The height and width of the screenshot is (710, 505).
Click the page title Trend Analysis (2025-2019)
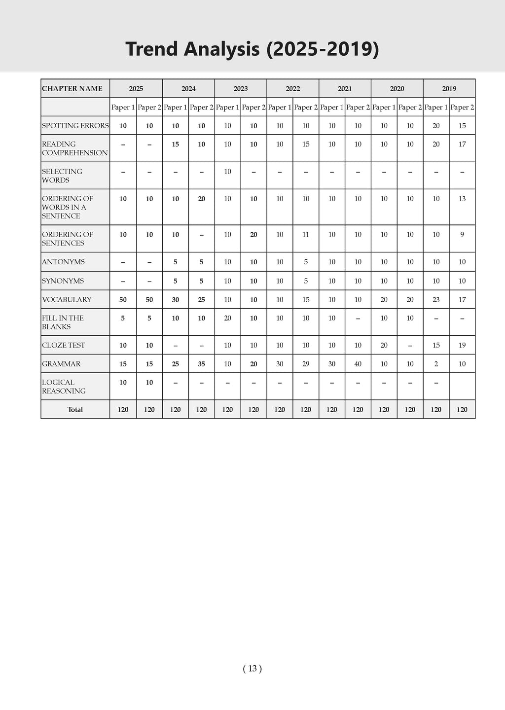coord(252,49)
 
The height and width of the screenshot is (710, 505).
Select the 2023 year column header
coord(241,89)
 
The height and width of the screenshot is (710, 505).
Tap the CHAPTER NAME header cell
coord(72,89)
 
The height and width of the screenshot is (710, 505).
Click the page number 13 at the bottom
coord(252,669)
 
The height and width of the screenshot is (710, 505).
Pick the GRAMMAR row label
coord(61,364)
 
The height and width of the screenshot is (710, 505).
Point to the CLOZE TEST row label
coord(63,345)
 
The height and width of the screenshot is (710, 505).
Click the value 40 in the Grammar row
coord(358,364)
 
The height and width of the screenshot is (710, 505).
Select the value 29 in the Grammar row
coord(306,364)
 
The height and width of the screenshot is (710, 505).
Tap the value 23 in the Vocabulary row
coord(436,300)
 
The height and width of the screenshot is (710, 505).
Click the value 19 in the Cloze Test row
coord(462,345)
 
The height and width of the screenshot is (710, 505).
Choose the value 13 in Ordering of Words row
coord(462,199)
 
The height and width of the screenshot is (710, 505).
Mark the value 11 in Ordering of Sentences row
coord(306,235)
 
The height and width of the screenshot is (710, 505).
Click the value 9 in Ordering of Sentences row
coord(462,235)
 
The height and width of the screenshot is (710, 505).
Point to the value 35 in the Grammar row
coord(201,364)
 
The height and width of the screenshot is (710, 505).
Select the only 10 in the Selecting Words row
coord(227,172)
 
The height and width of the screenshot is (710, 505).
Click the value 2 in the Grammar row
coord(436,364)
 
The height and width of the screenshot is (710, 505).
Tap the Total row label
coord(75,410)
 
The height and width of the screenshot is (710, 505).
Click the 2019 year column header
coord(449,89)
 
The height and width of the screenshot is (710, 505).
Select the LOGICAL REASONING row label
coord(64,387)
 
